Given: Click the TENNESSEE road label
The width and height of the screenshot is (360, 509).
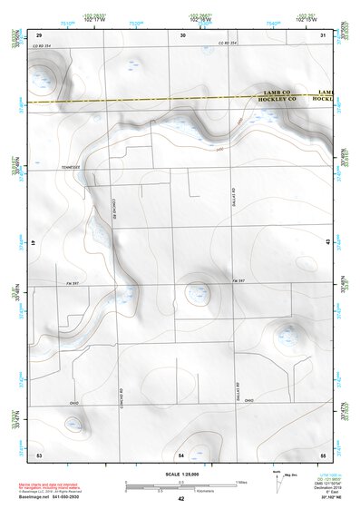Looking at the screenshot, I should click(x=70, y=168).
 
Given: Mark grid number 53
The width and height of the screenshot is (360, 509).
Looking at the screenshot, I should click(x=39, y=453).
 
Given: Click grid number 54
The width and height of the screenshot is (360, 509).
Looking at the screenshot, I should click(x=181, y=453).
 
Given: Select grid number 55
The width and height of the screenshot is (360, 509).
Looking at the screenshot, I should click(x=323, y=453).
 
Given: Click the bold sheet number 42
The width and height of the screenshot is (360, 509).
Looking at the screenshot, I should click(x=181, y=499).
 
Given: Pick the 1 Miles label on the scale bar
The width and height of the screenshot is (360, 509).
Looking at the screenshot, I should click(x=240, y=482).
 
